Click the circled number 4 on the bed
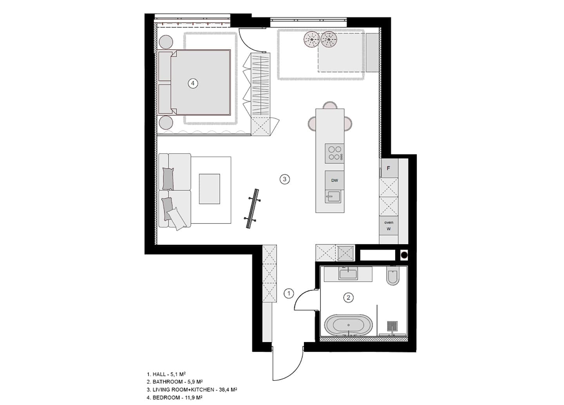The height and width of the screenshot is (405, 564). tap(193, 83)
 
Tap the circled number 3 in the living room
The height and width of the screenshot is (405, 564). tap(284, 179)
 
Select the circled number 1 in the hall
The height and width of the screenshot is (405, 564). tap(289, 293)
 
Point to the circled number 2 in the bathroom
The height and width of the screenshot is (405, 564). tap(349, 298)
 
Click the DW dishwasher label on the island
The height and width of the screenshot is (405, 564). tap(334, 180)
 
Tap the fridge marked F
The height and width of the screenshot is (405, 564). tap(389, 168)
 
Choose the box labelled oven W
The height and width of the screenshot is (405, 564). tap(389, 226)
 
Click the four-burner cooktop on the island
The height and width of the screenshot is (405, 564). tap(334, 154)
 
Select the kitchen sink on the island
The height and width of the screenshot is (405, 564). tap(333, 197)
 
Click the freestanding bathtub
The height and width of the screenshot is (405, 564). tap(349, 325)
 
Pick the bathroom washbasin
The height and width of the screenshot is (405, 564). tap(348, 273)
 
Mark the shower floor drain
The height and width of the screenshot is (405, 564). tap(392, 326)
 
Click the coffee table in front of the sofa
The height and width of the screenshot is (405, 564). tap(210, 189)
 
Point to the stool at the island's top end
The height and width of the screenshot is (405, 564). tap(330, 105)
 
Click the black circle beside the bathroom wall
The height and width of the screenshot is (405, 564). tap(404, 255)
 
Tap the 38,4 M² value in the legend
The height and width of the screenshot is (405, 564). tap(228, 390)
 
